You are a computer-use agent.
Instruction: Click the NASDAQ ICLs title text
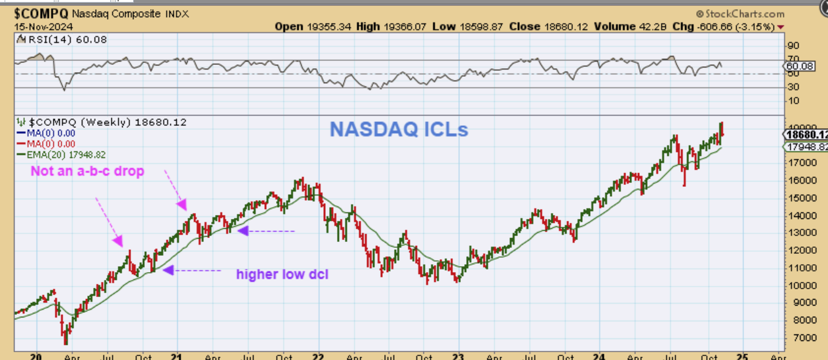point(399,129)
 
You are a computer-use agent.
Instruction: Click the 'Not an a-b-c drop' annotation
point(87,171)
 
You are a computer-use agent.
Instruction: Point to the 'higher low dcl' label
point(282,274)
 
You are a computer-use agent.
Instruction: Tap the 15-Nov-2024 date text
point(41,27)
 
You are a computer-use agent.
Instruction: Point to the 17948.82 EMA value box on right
point(806,146)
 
